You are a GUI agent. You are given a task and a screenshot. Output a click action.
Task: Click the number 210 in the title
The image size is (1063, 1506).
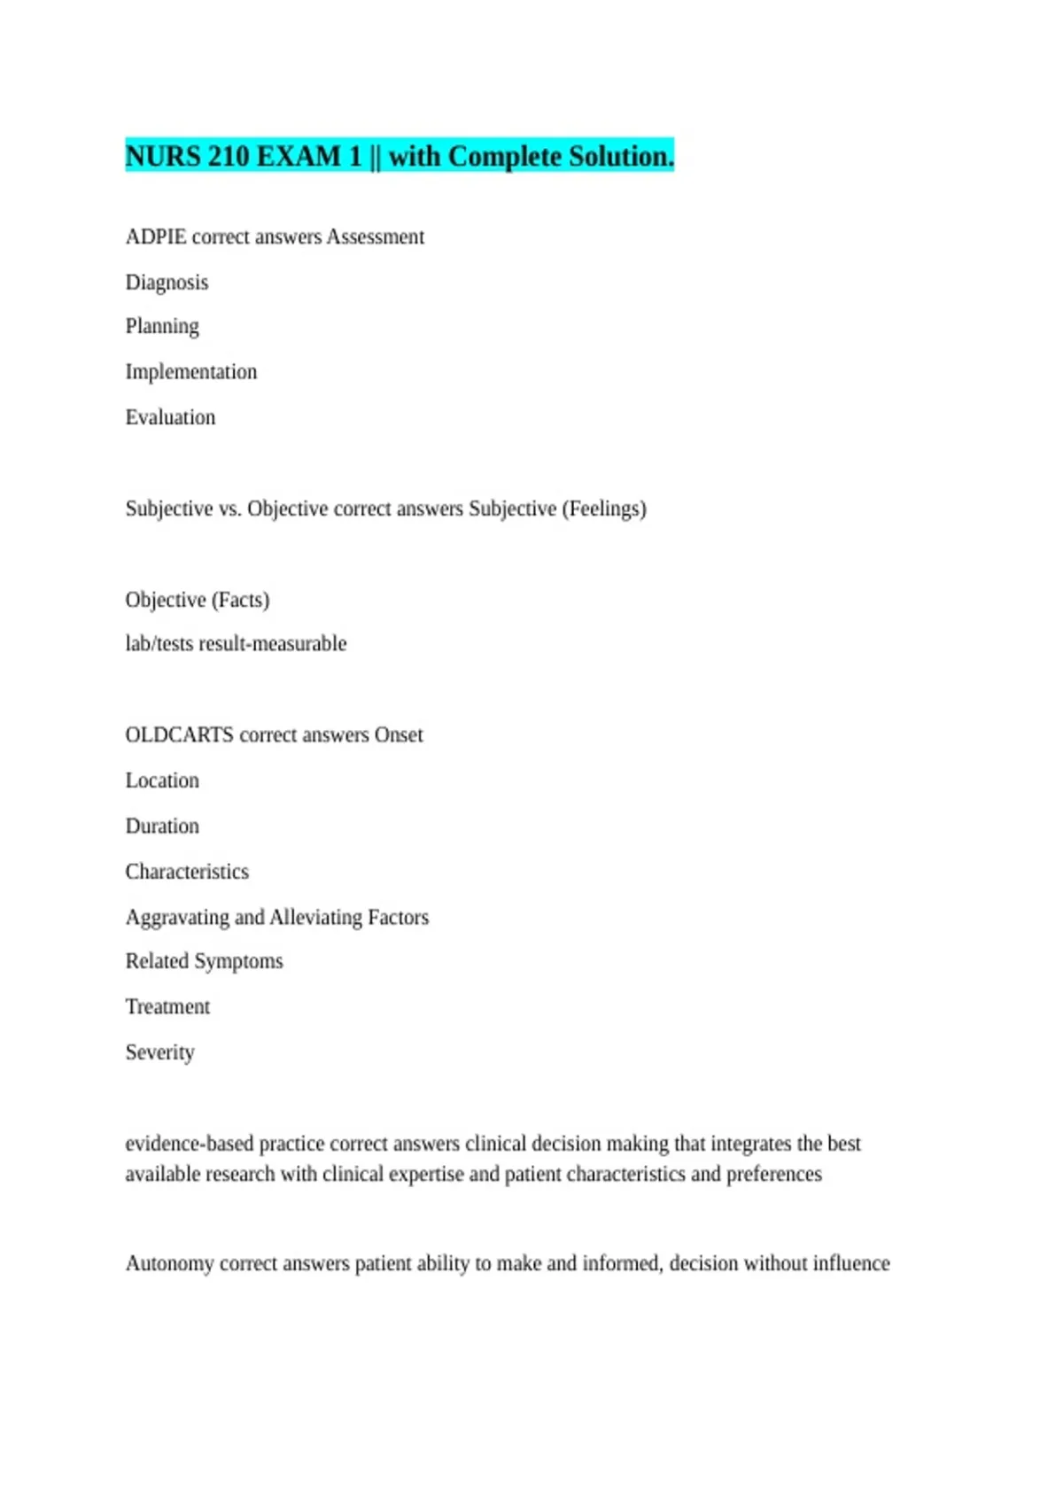pos(229,157)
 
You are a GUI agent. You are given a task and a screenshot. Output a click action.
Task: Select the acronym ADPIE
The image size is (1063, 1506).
pos(156,237)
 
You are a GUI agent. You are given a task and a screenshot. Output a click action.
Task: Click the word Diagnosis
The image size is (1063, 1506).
pos(167,283)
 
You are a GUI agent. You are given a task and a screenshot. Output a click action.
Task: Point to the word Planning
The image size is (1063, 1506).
pos(162,327)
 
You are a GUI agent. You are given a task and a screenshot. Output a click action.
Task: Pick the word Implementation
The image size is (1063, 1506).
pos(191,372)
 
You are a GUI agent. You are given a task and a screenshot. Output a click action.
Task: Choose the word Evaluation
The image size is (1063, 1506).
pos(170,417)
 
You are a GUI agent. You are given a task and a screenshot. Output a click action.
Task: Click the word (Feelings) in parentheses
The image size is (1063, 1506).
pos(604,508)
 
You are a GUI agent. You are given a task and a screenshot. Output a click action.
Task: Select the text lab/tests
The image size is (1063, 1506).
pos(159,644)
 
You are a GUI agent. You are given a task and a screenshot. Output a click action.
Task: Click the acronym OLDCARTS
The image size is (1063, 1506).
pos(179,735)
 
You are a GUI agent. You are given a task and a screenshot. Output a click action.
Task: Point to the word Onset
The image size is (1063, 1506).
pos(399,735)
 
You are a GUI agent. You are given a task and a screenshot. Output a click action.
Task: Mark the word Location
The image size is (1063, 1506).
pos(162,780)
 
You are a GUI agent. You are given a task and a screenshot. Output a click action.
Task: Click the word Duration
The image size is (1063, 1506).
pos(162,827)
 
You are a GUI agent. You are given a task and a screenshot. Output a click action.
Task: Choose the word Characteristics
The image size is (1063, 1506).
pos(187,872)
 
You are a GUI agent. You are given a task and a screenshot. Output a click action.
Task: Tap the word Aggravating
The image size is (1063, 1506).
pos(177,918)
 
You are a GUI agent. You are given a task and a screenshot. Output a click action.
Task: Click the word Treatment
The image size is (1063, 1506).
pos(167,1007)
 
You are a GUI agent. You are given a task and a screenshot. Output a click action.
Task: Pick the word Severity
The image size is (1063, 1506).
pos(159,1052)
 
